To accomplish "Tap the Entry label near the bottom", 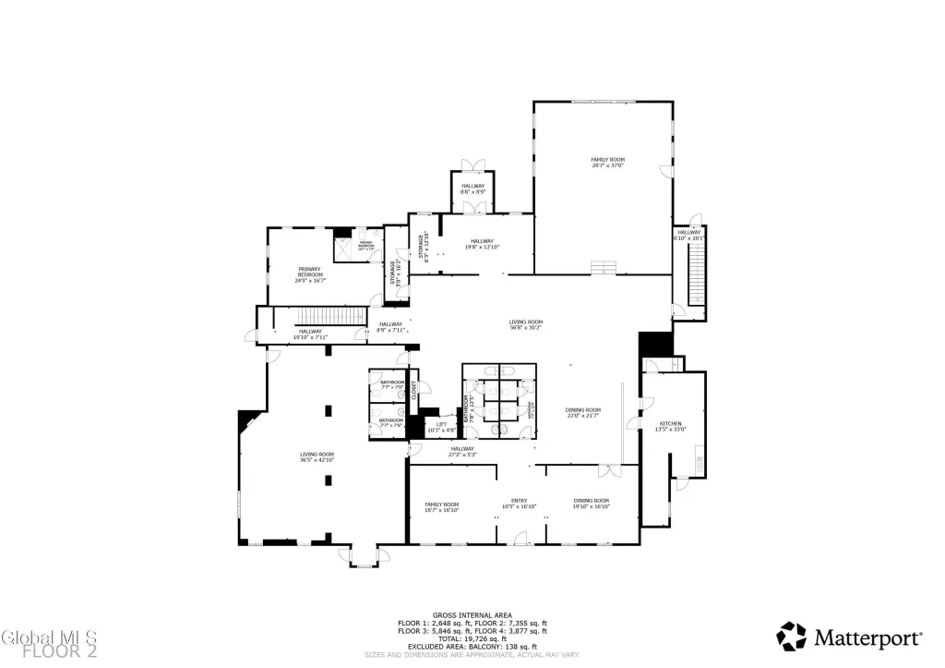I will tap(519, 503).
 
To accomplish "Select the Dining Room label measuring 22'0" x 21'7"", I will tap(583, 412).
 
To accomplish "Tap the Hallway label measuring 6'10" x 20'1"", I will tap(689, 235).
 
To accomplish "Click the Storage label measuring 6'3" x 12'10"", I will tap(426, 248).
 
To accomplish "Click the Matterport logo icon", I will tap(791, 636).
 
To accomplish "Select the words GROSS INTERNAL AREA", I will tap(472, 613).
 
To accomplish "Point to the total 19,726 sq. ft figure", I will tap(472, 638).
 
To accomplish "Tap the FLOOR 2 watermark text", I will tap(61, 651).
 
